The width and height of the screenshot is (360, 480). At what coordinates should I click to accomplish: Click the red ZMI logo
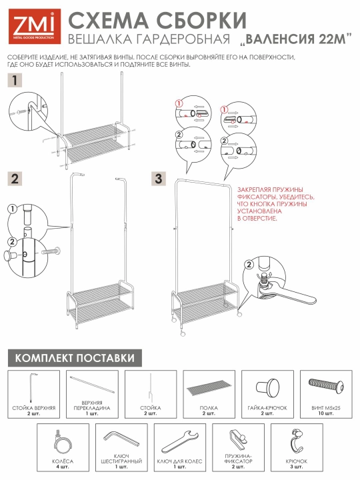35,26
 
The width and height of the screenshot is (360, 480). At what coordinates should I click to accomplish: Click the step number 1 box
15,80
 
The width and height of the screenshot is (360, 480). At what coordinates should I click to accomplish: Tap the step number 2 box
15,179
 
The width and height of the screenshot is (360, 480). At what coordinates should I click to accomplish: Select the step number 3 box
159,179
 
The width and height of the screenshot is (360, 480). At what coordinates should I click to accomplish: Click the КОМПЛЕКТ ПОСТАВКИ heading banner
75,358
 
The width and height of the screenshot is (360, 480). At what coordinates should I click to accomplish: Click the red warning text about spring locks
275,204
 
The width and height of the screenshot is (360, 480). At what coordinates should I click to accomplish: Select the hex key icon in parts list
121,439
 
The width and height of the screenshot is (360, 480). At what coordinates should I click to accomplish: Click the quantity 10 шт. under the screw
326,413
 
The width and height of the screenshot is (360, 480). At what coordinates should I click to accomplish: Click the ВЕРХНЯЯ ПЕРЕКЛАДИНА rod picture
92,385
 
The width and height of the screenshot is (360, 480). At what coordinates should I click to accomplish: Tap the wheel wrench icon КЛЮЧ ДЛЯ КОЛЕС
180,441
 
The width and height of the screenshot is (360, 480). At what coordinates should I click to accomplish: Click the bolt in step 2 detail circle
51,252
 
